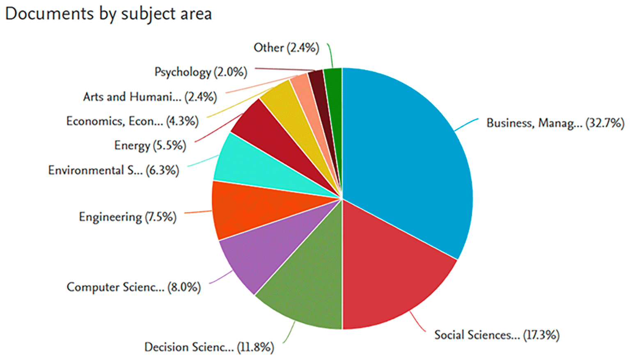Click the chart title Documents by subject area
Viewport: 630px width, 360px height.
tap(108, 14)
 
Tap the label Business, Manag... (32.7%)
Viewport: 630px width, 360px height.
tap(555, 123)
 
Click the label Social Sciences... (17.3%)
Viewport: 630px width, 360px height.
tap(497, 335)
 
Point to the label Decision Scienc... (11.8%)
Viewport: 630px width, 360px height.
tap(209, 347)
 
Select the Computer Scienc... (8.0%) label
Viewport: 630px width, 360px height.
tap(133, 287)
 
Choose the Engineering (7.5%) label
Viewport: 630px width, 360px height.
tap(128, 217)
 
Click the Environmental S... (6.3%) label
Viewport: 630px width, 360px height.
tap(114, 170)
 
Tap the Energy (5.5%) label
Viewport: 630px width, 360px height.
tap(150, 145)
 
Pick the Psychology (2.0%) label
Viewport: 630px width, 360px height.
tap(201, 72)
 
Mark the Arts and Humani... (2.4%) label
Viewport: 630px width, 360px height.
tap(150, 97)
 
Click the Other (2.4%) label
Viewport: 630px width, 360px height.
tap(286, 48)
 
